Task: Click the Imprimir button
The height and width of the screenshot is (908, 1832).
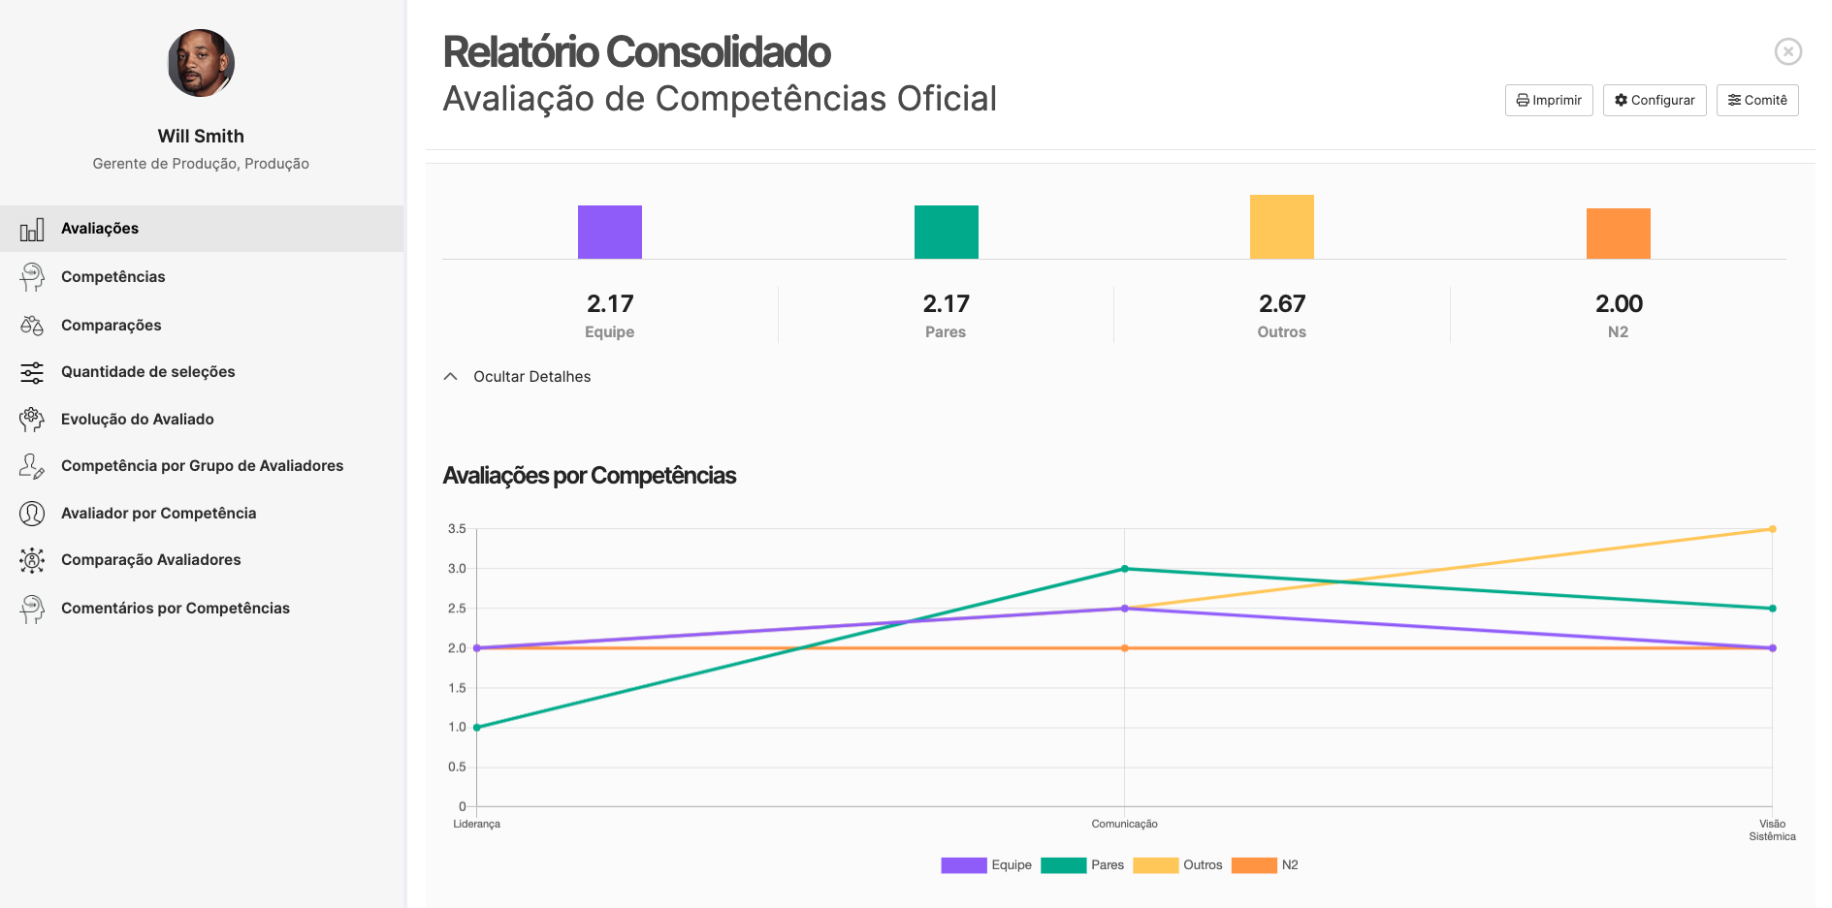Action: tap(1549, 101)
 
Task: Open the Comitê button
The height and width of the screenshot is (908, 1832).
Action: tap(1757, 101)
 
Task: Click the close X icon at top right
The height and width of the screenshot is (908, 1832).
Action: tap(1787, 51)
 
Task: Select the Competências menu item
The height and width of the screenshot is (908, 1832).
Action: tap(113, 277)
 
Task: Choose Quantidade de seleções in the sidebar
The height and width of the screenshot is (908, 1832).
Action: tap(147, 372)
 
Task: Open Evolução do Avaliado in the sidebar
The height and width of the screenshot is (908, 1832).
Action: tap(137, 420)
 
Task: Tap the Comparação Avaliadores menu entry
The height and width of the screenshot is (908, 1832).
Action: tap(150, 560)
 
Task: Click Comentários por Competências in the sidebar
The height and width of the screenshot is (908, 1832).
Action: tap(175, 609)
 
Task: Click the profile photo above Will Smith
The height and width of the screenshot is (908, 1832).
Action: tap(201, 63)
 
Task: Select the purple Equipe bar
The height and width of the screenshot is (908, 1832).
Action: tap(610, 233)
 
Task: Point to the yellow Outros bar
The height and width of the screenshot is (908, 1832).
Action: tap(1281, 228)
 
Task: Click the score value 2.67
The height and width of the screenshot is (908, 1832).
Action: tap(1281, 304)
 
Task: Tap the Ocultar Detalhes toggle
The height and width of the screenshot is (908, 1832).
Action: tap(530, 377)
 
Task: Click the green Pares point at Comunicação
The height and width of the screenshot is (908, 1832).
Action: tap(1125, 569)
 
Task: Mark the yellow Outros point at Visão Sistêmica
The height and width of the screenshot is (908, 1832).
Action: tap(1772, 529)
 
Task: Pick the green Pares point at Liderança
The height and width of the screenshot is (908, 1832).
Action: tap(477, 727)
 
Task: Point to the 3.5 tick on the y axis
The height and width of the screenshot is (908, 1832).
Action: tap(457, 529)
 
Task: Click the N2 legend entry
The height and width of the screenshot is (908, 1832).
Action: tap(1265, 865)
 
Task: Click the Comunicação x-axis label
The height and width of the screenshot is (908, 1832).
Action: tap(1124, 825)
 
